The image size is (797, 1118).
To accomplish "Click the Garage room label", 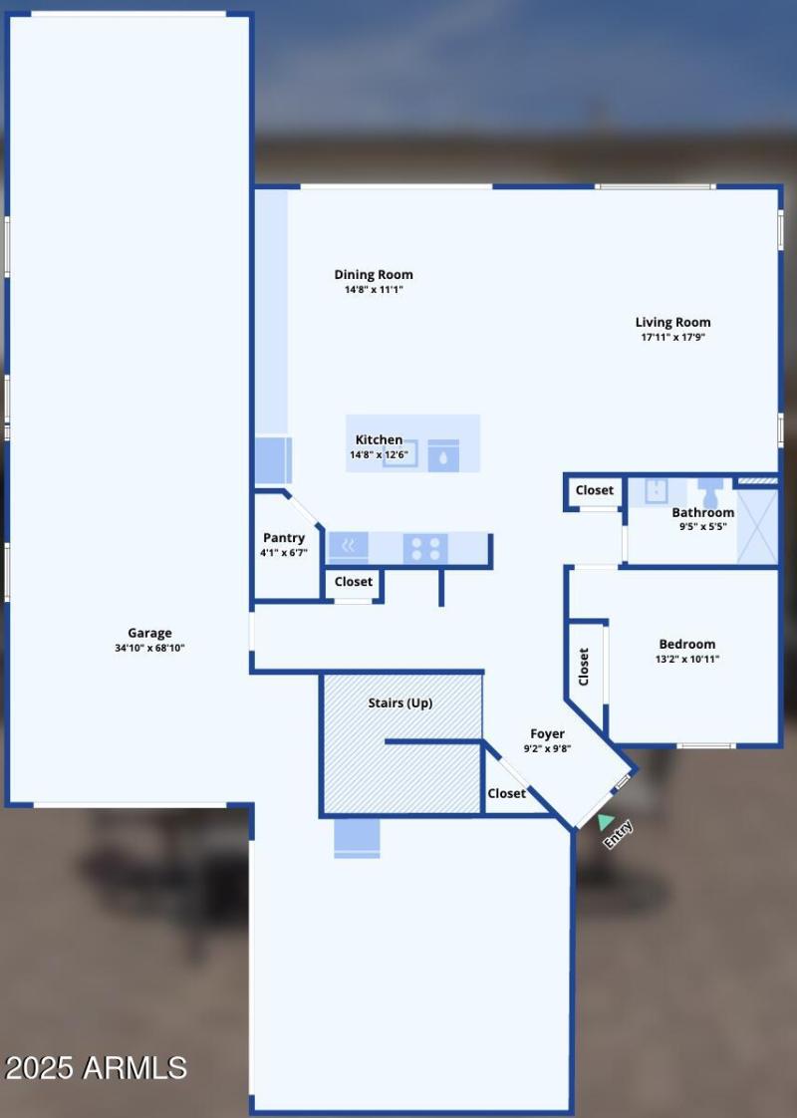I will pyautogui.click(x=149, y=633).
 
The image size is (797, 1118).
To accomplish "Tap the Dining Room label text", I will pyautogui.click(x=374, y=275).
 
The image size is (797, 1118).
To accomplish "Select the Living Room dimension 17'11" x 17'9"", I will pyautogui.click(x=673, y=338).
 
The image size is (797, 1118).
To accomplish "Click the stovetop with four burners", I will pyautogui.click(x=425, y=548).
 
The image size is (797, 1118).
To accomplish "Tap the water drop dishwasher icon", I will pyautogui.click(x=443, y=456).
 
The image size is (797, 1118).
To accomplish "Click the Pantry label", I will pyautogui.click(x=284, y=538).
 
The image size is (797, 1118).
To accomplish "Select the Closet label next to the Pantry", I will pyautogui.click(x=354, y=582).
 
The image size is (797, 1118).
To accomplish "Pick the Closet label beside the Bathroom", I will pyautogui.click(x=595, y=490).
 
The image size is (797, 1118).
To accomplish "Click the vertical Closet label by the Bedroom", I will pyautogui.click(x=584, y=667).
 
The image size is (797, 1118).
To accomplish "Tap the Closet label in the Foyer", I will pyautogui.click(x=507, y=793).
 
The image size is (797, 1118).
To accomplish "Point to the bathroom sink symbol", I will pyautogui.click(x=656, y=490).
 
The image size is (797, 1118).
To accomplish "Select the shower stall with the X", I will pyautogui.click(x=757, y=527).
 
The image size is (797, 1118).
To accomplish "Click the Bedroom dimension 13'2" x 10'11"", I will pyautogui.click(x=687, y=659).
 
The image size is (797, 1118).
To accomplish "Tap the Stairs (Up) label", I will pyautogui.click(x=400, y=702).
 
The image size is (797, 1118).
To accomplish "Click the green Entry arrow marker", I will pyautogui.click(x=605, y=821).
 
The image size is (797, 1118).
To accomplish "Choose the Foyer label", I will pyautogui.click(x=547, y=734).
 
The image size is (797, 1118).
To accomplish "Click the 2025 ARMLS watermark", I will pyautogui.click(x=96, y=1068).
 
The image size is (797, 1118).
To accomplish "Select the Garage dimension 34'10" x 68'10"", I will pyautogui.click(x=149, y=648).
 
